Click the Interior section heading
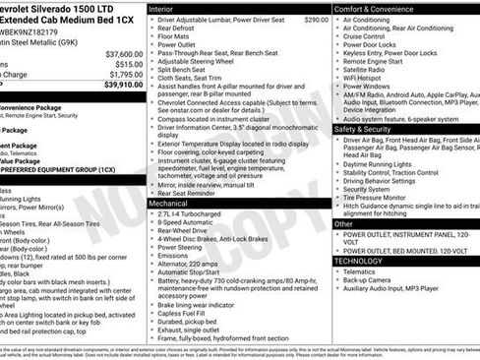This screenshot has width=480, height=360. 162,8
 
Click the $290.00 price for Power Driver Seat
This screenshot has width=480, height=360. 316,20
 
